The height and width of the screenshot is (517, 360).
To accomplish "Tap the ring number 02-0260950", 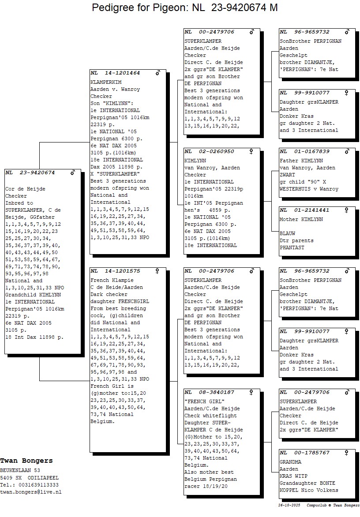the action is click(x=216, y=151).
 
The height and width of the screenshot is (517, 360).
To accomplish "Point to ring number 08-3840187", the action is click(x=216, y=392).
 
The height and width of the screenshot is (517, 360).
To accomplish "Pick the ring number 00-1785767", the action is click(x=311, y=453).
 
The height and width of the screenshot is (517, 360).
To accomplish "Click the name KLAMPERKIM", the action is click(x=106, y=82).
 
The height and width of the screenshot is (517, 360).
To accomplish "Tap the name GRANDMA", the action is click(x=290, y=462).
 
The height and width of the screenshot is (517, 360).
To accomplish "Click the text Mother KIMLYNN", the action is click(x=301, y=219).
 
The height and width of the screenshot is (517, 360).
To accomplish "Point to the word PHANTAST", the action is click(x=292, y=247).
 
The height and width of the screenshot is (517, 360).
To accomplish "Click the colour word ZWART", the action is click(x=287, y=175).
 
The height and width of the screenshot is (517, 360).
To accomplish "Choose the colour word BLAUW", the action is click(x=287, y=233).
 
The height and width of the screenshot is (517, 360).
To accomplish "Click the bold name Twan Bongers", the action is click(x=26, y=461).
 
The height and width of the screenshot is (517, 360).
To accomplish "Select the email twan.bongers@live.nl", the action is click(x=30, y=492).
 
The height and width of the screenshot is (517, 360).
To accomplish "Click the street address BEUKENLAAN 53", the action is click(x=20, y=470).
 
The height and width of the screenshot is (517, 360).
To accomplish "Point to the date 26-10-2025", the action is click(x=289, y=505).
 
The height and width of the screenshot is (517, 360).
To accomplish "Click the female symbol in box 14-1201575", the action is click(x=157, y=271).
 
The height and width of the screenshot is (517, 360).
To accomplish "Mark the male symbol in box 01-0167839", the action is click(x=347, y=151).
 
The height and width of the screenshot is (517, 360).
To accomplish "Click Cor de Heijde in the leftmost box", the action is click(x=25, y=189).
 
